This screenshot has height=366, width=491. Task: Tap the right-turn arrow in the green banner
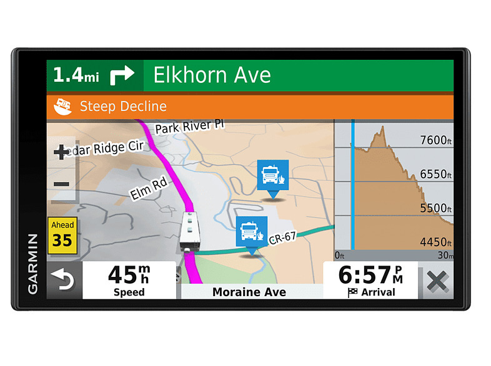coord(122,75)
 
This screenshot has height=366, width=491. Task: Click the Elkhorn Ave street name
coord(212,75)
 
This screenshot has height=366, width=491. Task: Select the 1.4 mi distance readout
coord(76,75)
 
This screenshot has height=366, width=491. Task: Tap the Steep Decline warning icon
coord(62,106)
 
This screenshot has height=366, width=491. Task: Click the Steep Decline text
coord(123,106)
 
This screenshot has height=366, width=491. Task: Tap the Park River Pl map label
coord(189,127)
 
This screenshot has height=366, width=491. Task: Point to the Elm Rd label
coord(150,188)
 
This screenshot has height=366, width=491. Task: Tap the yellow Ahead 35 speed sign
coord(62,235)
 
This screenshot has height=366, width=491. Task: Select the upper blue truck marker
coord(273,176)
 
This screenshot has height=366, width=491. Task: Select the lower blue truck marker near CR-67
coord(252,232)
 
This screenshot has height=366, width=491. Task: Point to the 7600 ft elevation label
coord(435,140)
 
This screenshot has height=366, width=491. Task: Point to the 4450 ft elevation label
coord(435,242)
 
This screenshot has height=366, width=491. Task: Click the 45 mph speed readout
coord(129,279)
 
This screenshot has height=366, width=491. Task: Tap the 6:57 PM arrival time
coord(370,279)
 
